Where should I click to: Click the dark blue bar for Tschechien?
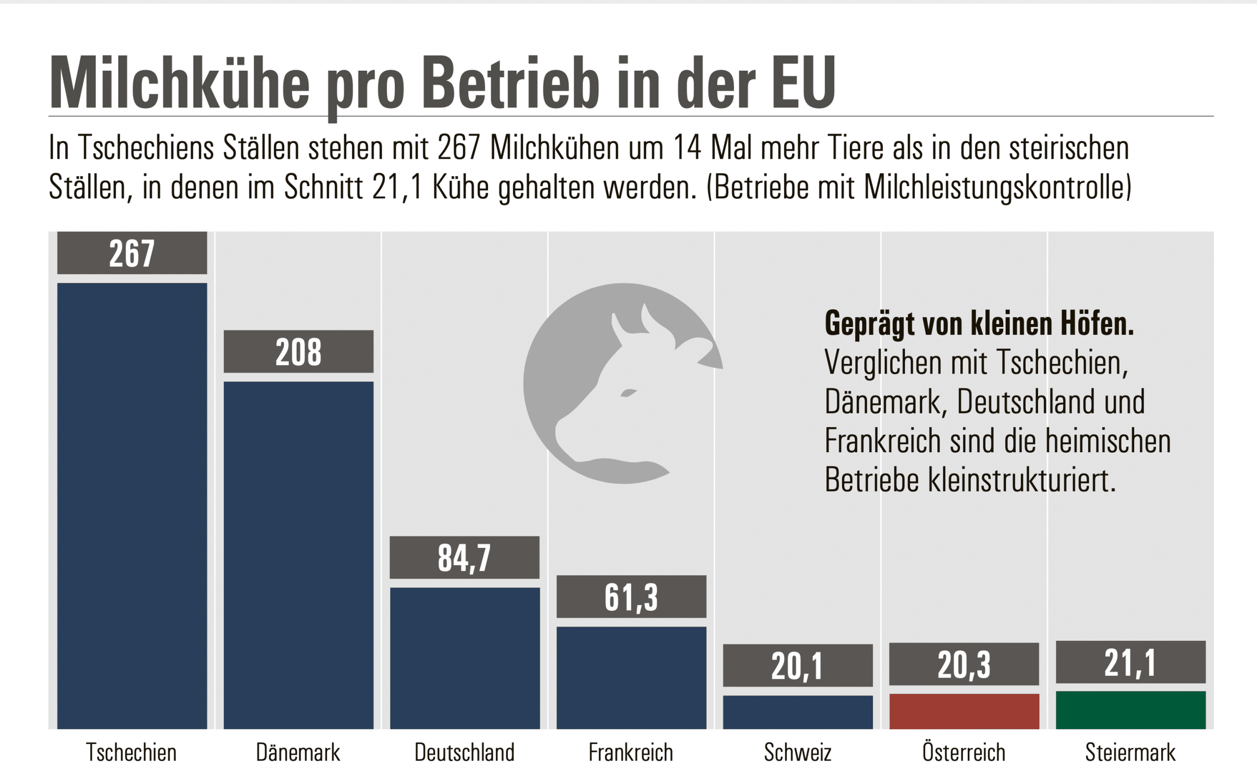click(x=132, y=505)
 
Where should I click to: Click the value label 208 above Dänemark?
click(x=298, y=352)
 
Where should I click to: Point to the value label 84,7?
click(x=464, y=558)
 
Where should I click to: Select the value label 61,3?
click(x=631, y=597)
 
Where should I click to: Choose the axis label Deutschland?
click(x=464, y=752)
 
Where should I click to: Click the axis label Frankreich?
click(x=631, y=752)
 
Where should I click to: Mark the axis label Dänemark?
click(x=298, y=752)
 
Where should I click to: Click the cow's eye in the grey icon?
click(x=628, y=392)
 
